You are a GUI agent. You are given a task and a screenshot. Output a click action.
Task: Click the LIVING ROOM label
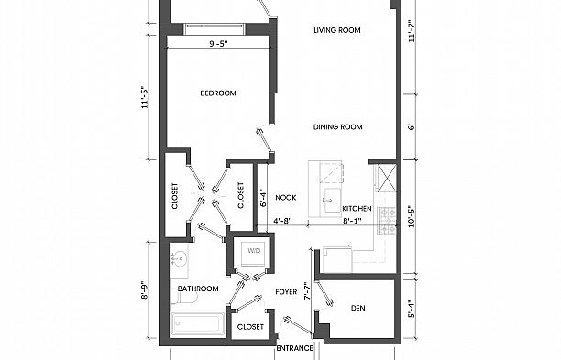tap(337, 30)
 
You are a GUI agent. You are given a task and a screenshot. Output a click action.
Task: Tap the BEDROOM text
tap(219, 93)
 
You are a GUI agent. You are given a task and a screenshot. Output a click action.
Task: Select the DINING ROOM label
tap(338, 127)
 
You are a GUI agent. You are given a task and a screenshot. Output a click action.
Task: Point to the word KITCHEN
tap(357, 209)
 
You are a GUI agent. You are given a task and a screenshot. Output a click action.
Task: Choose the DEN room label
tap(358, 309)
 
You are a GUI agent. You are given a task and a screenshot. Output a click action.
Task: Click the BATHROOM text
tap(198, 289)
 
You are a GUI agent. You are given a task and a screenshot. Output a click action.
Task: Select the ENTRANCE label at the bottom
tap(295, 348)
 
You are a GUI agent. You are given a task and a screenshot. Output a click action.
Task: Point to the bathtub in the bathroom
tap(197, 323)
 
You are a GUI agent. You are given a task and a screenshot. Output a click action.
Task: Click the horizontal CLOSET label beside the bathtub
tap(250, 326)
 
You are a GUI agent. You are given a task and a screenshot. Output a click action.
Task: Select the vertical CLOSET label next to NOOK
tap(241, 197)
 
